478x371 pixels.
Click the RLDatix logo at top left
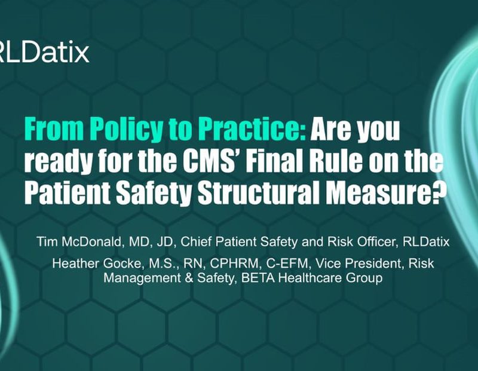[44, 53]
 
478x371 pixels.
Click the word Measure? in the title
[384, 193]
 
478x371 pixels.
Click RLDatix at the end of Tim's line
[426, 242]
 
